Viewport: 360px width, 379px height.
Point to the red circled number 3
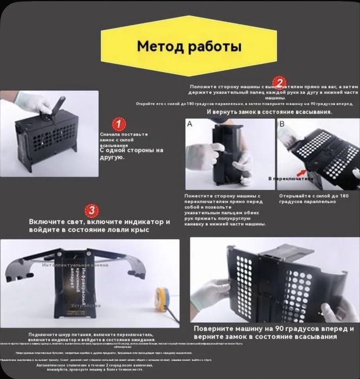[x=93, y=210]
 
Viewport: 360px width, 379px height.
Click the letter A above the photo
[x=189, y=124]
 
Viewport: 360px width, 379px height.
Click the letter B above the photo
[x=282, y=124]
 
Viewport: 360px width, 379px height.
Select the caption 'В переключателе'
[x=291, y=178]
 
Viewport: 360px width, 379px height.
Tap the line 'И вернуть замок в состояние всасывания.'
[x=269, y=112]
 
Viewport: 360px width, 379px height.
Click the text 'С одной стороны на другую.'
[x=131, y=153]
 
